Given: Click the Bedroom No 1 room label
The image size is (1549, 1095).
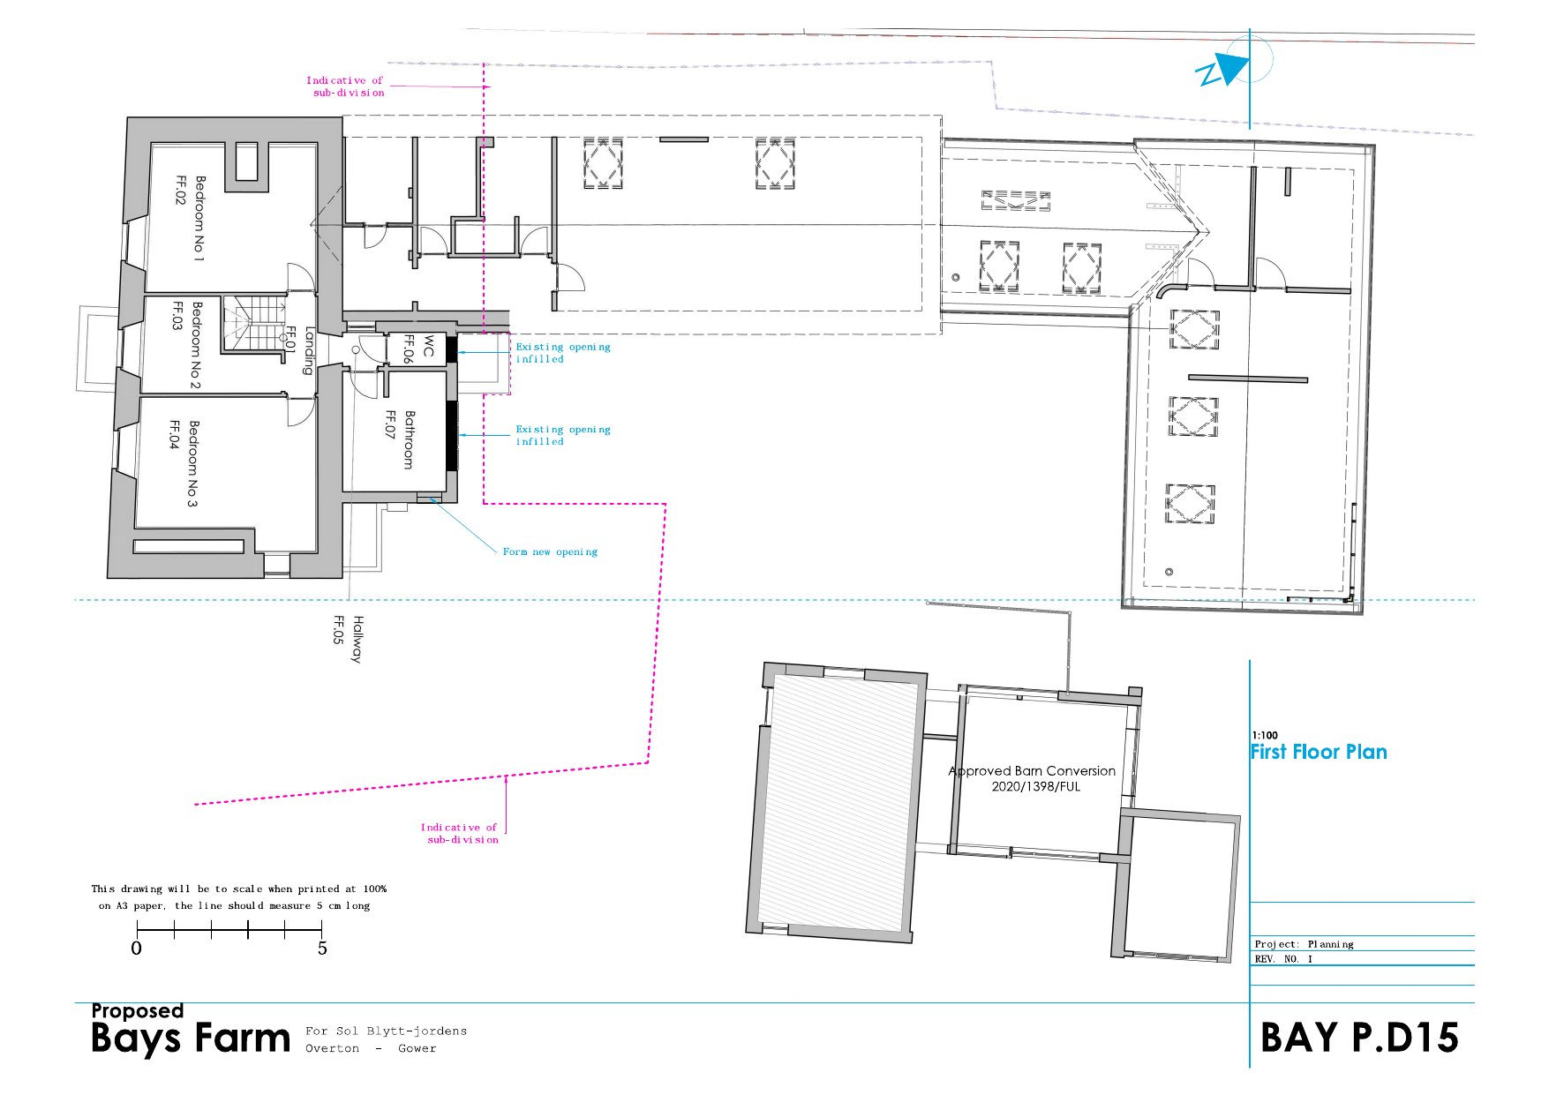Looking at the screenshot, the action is (x=199, y=218).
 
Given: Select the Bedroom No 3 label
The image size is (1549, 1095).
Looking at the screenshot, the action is (x=193, y=463).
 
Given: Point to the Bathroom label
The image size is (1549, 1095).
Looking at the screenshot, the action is (x=409, y=439).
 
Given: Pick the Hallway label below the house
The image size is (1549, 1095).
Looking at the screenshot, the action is (x=357, y=639).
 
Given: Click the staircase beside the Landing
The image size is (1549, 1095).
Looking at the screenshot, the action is (x=254, y=323).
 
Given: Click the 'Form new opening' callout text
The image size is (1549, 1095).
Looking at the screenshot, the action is (x=550, y=552).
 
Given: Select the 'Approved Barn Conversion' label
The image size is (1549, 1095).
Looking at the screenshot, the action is (x=1032, y=770).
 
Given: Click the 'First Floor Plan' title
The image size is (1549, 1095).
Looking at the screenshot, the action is (x=1319, y=752).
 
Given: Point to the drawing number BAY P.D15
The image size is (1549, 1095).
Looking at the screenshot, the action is (x=1359, y=1038).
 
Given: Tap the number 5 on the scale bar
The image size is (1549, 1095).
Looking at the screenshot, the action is (x=322, y=949).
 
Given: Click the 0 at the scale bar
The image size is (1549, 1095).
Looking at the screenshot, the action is (x=136, y=949).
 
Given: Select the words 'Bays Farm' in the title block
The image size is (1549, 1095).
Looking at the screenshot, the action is (x=191, y=1039).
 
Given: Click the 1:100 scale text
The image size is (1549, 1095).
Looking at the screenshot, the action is (x=1265, y=735).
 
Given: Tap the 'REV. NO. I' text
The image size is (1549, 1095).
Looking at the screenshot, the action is (x=1283, y=959).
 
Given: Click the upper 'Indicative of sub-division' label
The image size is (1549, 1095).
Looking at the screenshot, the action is (x=345, y=86).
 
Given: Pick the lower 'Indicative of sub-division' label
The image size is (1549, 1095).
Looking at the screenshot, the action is (x=459, y=834).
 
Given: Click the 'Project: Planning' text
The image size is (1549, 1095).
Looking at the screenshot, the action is (x=1304, y=944).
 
